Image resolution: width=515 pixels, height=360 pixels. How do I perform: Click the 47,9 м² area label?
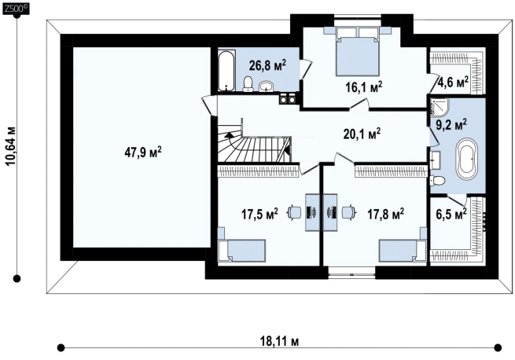point(143,152)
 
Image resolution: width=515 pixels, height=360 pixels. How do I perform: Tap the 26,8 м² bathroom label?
point(267,65)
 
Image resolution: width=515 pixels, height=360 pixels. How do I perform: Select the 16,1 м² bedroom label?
point(363,87)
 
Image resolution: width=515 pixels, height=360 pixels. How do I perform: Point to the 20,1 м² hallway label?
point(362,134)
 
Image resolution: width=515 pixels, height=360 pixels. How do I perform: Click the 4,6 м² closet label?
point(453,82)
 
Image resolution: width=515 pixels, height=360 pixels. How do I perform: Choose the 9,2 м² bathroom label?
point(451,124)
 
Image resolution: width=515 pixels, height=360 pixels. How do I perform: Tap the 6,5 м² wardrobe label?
point(451,215)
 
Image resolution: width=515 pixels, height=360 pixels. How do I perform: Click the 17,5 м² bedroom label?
point(259,214)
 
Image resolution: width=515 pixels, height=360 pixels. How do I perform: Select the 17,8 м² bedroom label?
point(385,214)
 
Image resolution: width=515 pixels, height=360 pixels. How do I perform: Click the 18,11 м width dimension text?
point(279,341)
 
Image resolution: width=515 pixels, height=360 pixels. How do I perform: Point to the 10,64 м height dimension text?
point(11,145)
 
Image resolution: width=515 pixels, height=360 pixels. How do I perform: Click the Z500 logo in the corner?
point(16,8)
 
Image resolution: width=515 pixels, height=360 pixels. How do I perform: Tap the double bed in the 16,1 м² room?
point(357,51)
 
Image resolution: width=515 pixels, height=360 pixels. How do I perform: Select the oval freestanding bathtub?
point(465,159)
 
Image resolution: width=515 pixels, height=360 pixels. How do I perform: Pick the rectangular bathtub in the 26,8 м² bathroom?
point(226,70)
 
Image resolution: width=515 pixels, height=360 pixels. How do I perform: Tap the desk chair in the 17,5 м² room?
point(295,212)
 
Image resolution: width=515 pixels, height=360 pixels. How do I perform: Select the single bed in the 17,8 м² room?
point(403,250)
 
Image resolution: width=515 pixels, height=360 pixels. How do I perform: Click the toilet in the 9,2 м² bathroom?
point(437,180)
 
